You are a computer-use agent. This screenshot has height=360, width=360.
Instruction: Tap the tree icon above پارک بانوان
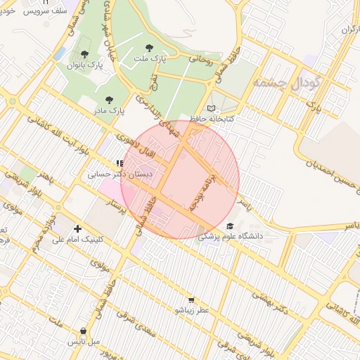[84, 54]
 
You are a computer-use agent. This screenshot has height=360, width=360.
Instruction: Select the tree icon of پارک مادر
[108, 101]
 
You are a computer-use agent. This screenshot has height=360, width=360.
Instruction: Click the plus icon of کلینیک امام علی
[77, 229]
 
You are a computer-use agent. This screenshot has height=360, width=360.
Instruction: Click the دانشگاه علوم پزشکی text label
[230, 237]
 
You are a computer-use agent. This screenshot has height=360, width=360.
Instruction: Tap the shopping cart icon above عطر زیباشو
[191, 300]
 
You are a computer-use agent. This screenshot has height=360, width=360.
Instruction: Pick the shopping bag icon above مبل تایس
[84, 330]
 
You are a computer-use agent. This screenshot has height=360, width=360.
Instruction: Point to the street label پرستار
[120, 209]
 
